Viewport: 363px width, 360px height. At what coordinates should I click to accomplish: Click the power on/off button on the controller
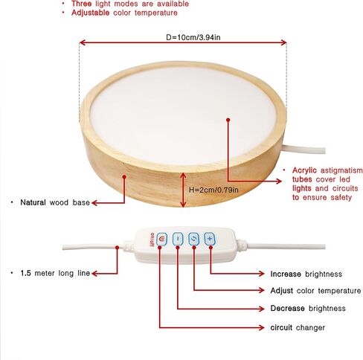pos(161,240)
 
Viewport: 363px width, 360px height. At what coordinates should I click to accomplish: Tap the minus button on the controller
pos(178,239)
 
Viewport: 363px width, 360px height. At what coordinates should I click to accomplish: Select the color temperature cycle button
pos(193,239)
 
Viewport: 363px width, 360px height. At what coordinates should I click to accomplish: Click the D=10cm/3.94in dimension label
pos(193,37)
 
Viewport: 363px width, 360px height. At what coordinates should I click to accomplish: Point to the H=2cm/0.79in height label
pos(213,190)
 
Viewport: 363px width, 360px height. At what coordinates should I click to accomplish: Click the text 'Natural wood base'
pos(55,202)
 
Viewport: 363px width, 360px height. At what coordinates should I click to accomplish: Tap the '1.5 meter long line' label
pos(55,273)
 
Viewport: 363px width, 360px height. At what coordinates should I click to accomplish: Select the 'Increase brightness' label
pos(306,274)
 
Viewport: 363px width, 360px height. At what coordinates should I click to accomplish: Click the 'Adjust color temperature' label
pos(315,291)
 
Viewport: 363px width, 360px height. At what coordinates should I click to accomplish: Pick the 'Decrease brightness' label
pos(308,308)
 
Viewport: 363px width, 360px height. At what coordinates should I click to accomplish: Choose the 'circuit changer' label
pos(298,327)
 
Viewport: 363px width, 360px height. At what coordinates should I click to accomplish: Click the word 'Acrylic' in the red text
pos(304,170)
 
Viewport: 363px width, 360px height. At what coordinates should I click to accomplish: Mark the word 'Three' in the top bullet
pos(81,4)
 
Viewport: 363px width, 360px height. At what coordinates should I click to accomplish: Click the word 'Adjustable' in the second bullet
pos(90,13)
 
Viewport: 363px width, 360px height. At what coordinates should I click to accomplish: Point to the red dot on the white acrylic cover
pos(228,120)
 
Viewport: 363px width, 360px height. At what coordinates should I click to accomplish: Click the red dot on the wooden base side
pos(124,176)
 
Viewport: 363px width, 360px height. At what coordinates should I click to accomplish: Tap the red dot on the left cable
pos(118,248)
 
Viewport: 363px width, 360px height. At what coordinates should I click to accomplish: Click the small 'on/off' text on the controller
pos(152,240)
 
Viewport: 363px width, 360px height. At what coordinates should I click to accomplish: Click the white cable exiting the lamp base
pos(304,150)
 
